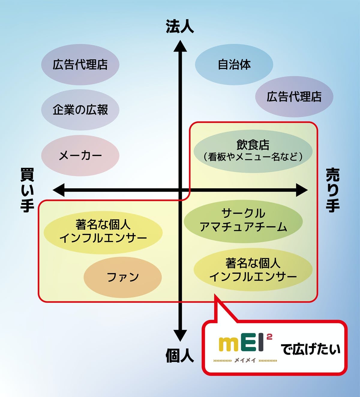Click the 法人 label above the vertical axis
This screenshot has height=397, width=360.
click(180, 26)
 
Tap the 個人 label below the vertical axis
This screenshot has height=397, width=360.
click(180, 356)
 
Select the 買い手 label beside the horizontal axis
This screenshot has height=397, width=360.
click(27, 190)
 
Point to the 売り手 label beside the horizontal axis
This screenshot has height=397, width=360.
click(333, 190)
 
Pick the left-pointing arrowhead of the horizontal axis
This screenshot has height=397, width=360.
click(58, 190)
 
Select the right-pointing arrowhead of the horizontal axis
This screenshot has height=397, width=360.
click(302, 190)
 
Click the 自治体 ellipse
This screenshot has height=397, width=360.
click(234, 64)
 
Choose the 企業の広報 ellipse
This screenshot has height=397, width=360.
click(80, 110)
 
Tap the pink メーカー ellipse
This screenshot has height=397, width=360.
click(80, 156)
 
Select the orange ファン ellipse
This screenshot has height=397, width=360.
click(123, 277)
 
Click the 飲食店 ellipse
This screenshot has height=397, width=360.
click(253, 151)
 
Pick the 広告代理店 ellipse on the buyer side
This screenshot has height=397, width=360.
click(80, 64)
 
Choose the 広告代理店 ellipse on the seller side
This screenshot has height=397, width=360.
click(294, 97)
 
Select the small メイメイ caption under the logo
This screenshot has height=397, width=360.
click(245, 360)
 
